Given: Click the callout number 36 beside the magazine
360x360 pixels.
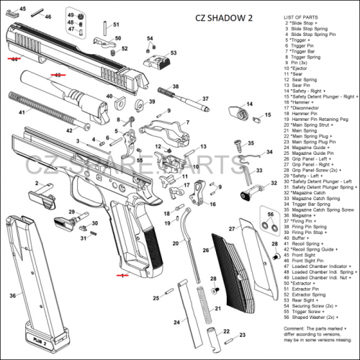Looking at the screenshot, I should [12, 295].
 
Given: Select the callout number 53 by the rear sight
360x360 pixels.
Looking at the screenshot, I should [173, 53].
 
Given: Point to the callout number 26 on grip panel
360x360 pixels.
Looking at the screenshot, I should [205, 251].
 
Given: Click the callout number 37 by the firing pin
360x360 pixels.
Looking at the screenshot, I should [205, 99].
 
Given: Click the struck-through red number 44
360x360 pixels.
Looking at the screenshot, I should [14, 60].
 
